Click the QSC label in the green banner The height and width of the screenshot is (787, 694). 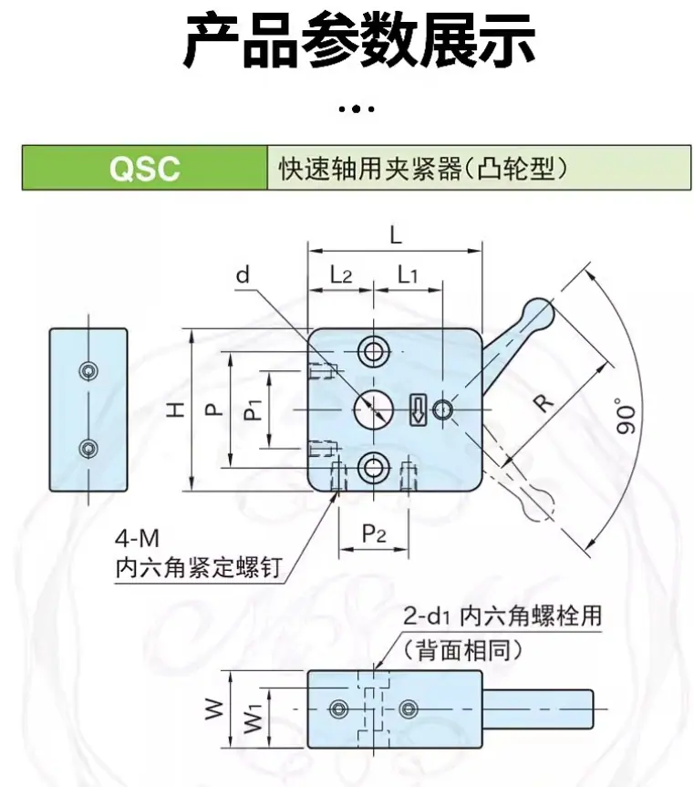click(x=144, y=168)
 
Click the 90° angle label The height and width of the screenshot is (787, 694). click(x=626, y=416)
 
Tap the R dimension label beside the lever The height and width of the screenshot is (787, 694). click(x=544, y=402)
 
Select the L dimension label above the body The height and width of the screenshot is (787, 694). click(x=396, y=234)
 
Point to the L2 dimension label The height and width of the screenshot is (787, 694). click(x=341, y=274)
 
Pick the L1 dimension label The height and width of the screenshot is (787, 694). click(x=408, y=274)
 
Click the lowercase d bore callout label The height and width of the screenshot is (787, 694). click(x=243, y=274)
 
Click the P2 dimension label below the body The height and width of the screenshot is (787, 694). click(x=374, y=533)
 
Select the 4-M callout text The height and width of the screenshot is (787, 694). click(x=137, y=540)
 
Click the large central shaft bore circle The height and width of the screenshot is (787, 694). click(x=373, y=410)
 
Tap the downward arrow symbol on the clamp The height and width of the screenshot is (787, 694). click(x=419, y=410)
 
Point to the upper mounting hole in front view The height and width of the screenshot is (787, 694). click(x=373, y=351)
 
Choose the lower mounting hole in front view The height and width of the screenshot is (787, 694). click(x=373, y=469)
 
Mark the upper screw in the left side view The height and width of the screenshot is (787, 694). click(x=88, y=371)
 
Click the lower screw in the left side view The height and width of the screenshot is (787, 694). click(x=88, y=449)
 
